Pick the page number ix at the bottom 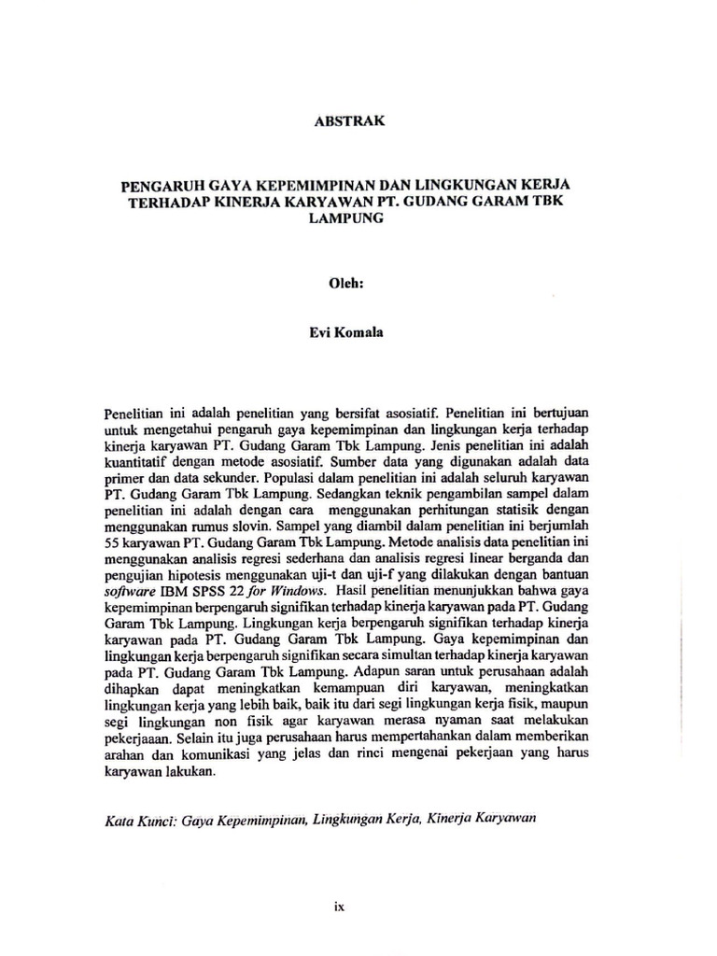point(340,905)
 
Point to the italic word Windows point(297,592)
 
